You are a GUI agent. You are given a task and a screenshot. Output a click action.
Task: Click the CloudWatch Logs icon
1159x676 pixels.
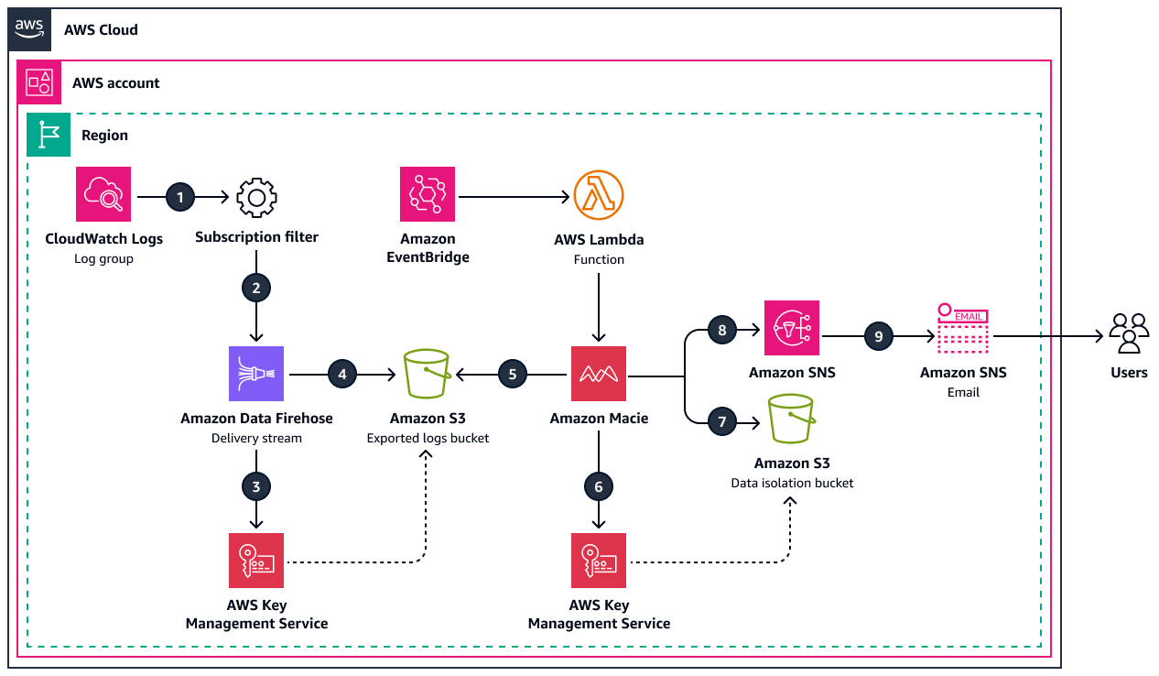click(x=103, y=194)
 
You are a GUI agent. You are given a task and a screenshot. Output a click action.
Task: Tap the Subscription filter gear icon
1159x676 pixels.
click(x=256, y=197)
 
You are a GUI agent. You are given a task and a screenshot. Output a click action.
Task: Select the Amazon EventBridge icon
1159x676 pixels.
click(x=428, y=194)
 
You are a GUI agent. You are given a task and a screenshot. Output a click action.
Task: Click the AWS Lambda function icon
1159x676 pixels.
click(x=599, y=195)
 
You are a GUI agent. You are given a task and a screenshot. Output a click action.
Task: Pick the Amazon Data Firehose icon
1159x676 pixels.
click(x=256, y=374)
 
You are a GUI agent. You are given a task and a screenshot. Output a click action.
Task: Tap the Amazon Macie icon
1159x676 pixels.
click(x=599, y=374)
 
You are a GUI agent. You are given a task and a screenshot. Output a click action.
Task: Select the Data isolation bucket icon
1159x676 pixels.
click(x=792, y=420)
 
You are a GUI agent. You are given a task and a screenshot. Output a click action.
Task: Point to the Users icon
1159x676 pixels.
click(x=1129, y=333)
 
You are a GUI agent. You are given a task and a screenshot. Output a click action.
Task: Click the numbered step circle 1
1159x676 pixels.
click(x=180, y=196)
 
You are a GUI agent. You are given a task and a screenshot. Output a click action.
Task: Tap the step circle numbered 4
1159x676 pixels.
click(x=341, y=374)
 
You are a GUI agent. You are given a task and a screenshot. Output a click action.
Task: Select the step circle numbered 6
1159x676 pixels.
click(x=599, y=487)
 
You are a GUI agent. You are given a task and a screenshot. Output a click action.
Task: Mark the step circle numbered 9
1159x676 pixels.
click(x=879, y=336)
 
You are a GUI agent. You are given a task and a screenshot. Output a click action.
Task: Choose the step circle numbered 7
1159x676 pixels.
click(x=722, y=421)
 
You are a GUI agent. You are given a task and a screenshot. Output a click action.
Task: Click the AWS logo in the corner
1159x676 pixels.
click(x=29, y=27)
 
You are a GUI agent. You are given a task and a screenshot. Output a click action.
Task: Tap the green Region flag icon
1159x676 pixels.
click(x=45, y=135)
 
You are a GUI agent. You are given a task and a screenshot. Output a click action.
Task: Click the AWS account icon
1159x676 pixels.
click(x=39, y=82)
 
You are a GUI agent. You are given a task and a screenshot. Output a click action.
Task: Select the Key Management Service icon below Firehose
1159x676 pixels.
click(x=256, y=560)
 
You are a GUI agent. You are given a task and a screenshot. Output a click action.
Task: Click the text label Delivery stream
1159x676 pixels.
click(x=256, y=438)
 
